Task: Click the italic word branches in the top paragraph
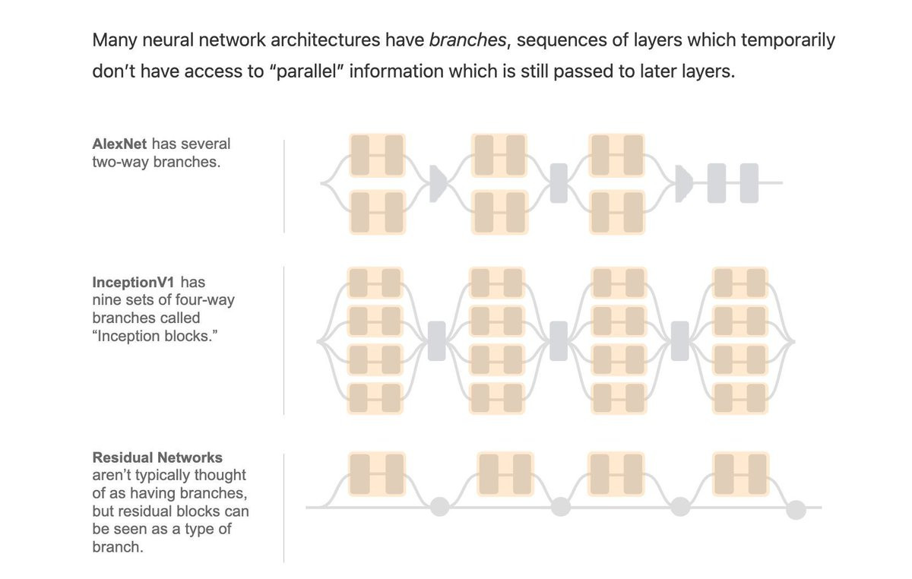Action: coord(467,40)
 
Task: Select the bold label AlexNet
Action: coord(119,144)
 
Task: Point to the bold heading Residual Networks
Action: coord(157,457)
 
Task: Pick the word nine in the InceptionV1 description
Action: coord(105,299)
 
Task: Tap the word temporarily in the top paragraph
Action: coord(787,40)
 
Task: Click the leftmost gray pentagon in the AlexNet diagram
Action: coord(438,183)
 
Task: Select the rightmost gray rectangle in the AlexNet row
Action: coord(749,183)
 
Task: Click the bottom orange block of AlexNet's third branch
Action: coord(617,211)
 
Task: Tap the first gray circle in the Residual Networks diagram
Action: coord(439,507)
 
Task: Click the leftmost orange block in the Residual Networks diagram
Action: coord(377,473)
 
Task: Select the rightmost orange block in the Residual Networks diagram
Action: coord(741,473)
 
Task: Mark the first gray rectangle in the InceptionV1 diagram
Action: coord(437,340)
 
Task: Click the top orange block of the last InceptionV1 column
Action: coord(741,283)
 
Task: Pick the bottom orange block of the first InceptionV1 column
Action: coord(374,397)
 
